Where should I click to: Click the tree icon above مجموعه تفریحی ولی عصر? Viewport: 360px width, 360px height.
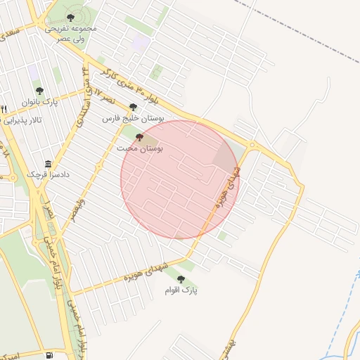click(70, 18)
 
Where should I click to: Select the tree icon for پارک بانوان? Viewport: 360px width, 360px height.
click(39, 91)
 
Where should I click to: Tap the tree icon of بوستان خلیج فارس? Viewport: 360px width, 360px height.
click(134, 108)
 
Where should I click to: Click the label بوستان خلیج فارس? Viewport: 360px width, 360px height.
click(134, 120)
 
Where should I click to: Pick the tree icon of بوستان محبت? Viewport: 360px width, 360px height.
click(139, 138)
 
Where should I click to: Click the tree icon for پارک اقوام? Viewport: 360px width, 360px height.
click(181, 279)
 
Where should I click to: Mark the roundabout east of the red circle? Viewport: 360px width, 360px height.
click(252, 147)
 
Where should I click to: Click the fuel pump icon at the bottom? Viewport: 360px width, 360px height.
click(48, 354)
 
